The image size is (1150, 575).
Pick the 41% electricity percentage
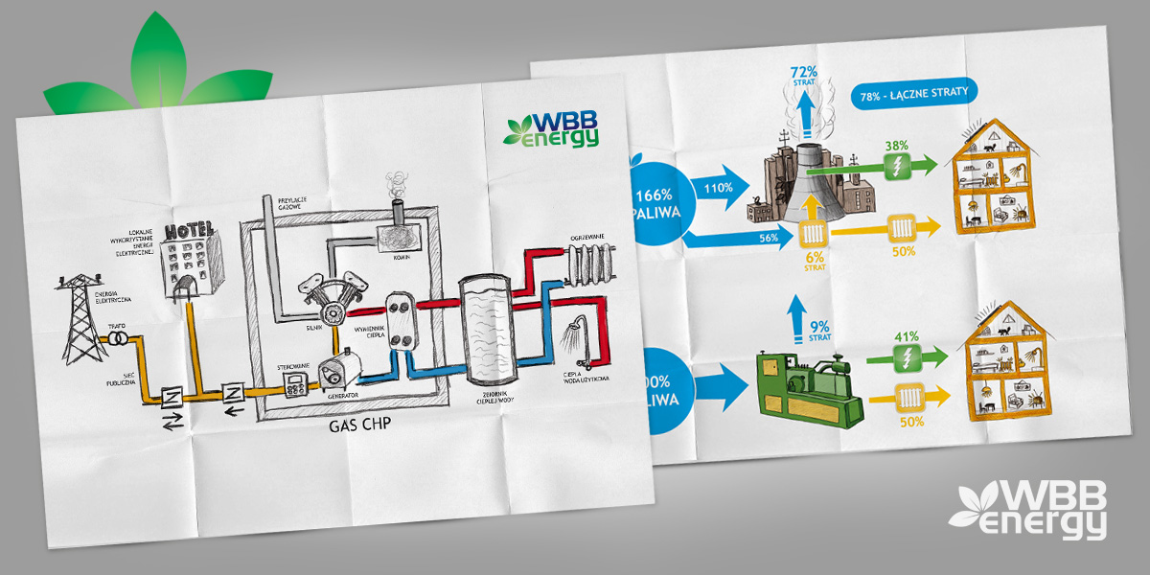coord(907,337)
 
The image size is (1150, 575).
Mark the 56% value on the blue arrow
coord(766,238)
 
